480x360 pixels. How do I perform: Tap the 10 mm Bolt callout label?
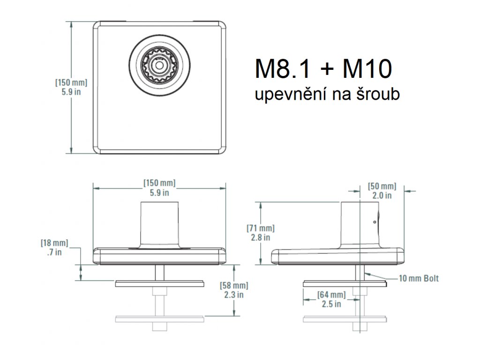[x=419, y=278]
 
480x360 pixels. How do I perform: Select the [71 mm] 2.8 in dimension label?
[x=261, y=232]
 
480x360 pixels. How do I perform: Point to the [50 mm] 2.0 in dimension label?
[x=382, y=191]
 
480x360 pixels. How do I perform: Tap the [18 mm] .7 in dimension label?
[x=54, y=247]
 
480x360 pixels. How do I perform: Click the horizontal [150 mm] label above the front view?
[x=159, y=187]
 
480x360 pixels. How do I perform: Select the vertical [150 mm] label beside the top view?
[x=71, y=87]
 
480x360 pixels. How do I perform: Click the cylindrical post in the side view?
[x=359, y=222]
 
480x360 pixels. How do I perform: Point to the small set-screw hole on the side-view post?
[x=375, y=221]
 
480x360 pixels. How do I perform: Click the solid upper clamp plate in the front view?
[x=159, y=283]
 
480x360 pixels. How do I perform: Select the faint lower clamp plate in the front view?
[x=159, y=319]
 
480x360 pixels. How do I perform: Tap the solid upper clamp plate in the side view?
[x=345, y=283]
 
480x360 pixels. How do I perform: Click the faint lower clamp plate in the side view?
[x=345, y=319]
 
